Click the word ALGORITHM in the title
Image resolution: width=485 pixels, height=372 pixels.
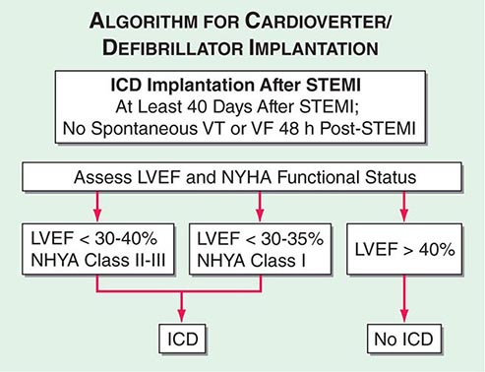tap(144, 21)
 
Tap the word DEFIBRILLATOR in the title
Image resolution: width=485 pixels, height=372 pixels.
tap(172, 48)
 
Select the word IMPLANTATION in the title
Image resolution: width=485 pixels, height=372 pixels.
tap(314, 48)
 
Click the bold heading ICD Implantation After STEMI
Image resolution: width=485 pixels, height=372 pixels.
tap(235, 85)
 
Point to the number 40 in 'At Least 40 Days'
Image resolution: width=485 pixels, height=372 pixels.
tap(199, 106)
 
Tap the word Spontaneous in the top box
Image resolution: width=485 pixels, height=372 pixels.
tap(144, 128)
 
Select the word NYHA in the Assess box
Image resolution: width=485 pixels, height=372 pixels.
tap(247, 177)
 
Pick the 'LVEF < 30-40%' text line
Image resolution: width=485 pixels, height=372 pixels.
tap(94, 238)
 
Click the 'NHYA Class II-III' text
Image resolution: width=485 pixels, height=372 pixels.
tap(98, 260)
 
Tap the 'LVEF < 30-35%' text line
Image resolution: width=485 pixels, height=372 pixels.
tap(260, 238)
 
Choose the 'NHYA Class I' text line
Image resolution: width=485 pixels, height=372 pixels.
tap(251, 261)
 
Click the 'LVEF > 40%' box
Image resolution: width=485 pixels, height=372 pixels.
tap(404, 249)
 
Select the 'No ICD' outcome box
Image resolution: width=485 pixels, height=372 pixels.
tap(404, 339)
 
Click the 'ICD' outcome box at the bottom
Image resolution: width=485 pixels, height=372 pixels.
tap(182, 339)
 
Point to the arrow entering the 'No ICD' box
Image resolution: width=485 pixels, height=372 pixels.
tap(404, 299)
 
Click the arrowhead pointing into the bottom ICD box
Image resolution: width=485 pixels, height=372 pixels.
tap(182, 316)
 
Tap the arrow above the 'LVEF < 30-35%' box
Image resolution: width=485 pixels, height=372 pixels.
tap(260, 207)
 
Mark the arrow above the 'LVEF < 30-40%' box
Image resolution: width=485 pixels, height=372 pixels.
tap(97, 207)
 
